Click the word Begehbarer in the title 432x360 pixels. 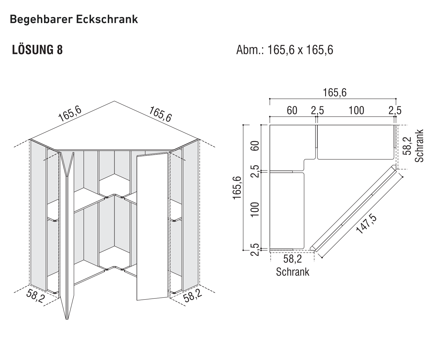[41, 19]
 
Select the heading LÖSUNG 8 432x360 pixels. [37, 50]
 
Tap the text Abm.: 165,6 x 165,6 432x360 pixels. [285, 50]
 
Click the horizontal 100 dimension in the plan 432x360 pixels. [357, 110]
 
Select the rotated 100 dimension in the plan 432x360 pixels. [255, 209]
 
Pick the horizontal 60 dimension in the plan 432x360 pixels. [292, 110]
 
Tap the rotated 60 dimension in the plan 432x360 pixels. [255, 146]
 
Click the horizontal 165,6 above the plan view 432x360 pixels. [334, 93]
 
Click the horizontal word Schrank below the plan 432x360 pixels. [293, 272]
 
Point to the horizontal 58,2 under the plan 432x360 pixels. [293, 259]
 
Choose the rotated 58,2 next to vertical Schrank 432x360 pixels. [407, 146]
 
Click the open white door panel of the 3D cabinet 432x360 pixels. [152, 228]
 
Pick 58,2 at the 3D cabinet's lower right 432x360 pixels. [193, 296]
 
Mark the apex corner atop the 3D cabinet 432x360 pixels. [115, 101]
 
